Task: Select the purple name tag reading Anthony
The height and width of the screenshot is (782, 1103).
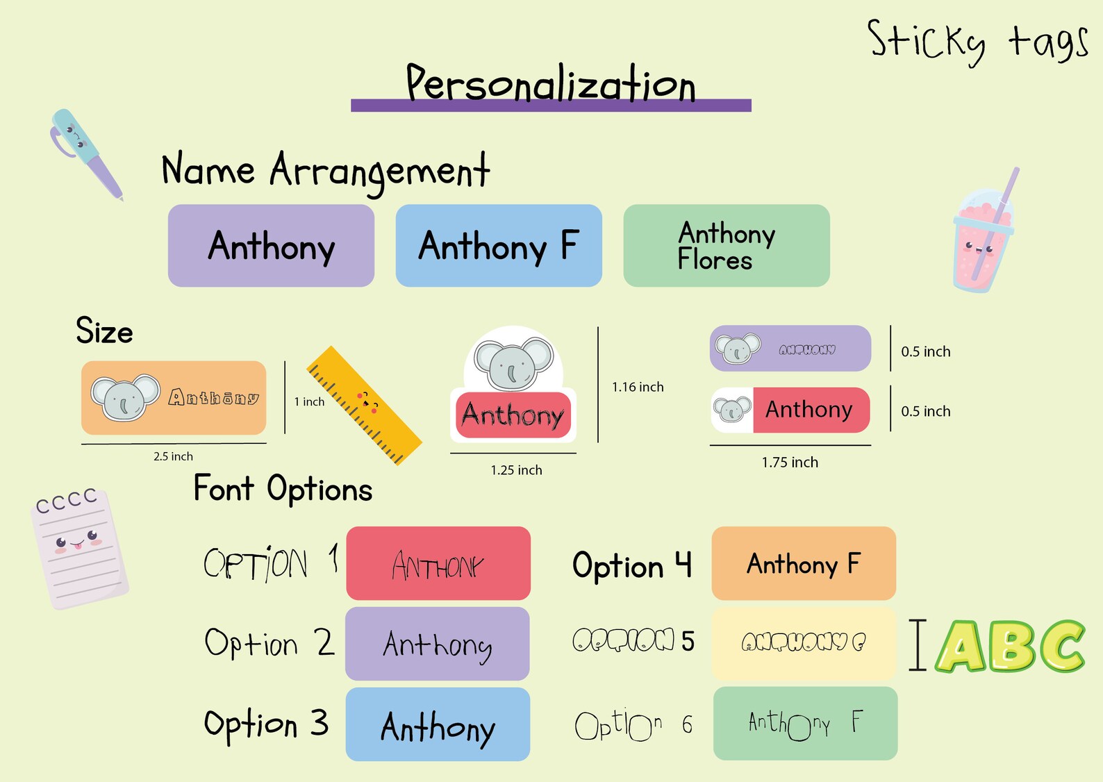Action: click(271, 246)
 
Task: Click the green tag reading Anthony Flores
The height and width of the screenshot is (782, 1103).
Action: click(727, 246)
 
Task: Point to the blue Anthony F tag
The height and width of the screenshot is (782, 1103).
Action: click(499, 246)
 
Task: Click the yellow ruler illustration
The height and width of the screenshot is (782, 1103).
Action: click(365, 405)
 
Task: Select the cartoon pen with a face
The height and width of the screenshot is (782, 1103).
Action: click(85, 153)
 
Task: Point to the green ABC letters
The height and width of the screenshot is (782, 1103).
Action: click(1011, 647)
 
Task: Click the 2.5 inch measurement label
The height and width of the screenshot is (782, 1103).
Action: click(173, 456)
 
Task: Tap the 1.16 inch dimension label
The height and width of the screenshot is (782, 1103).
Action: click(638, 387)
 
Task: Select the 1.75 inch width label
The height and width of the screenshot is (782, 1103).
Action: click(790, 463)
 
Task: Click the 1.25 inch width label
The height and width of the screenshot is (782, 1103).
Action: click(516, 470)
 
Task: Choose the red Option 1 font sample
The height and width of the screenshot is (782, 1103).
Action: click(438, 563)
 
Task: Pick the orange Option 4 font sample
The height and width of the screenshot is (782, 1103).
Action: click(804, 563)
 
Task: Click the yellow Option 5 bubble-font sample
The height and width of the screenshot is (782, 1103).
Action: click(804, 643)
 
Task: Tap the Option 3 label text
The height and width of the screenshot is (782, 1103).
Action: click(266, 724)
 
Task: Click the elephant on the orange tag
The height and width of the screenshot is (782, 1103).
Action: click(126, 398)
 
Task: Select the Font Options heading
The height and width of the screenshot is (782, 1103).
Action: click(283, 489)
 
